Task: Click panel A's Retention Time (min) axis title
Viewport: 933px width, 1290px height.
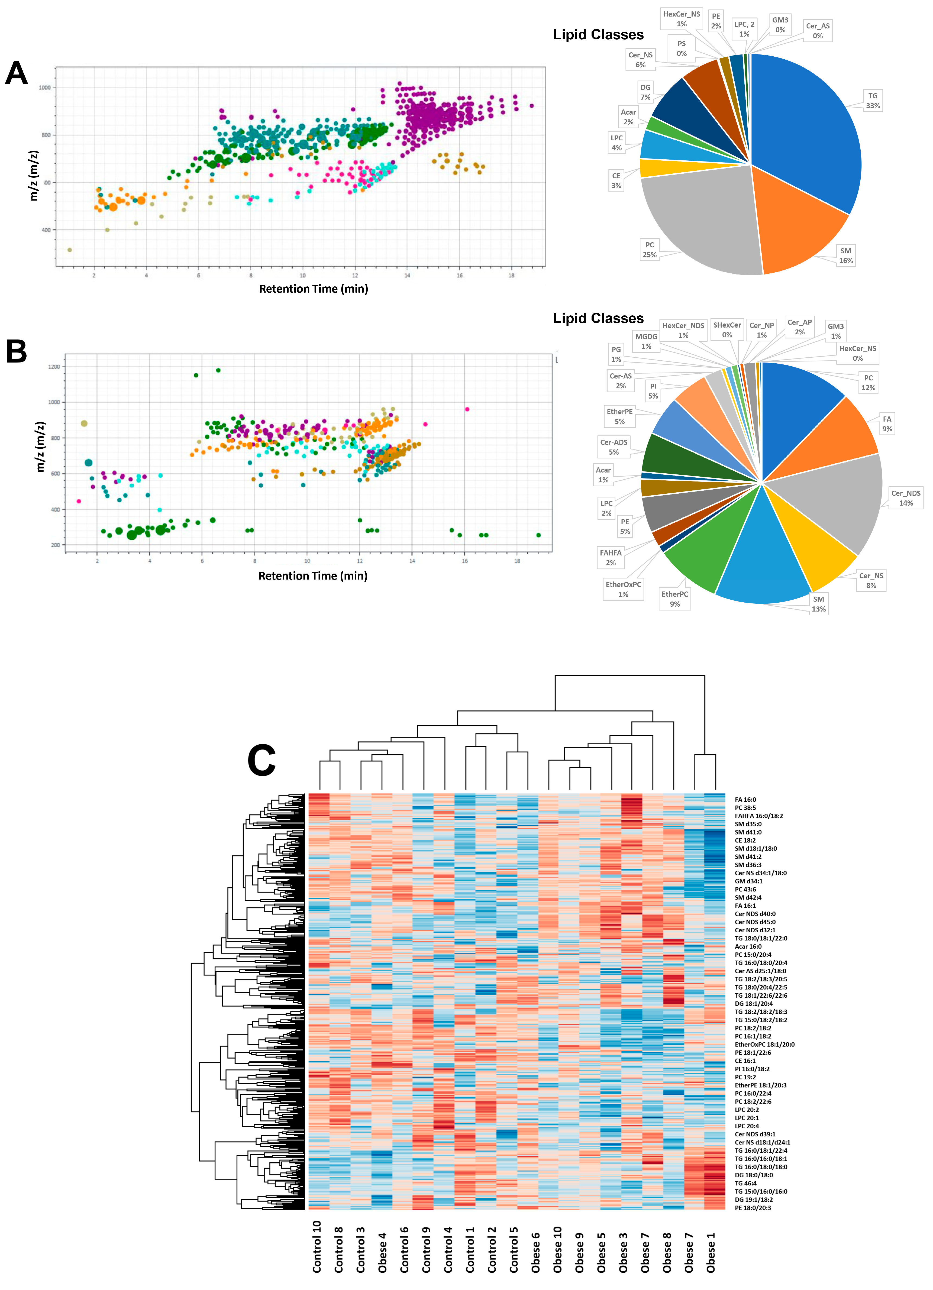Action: (314, 289)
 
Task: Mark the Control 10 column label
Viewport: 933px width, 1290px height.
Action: (317, 1246)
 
